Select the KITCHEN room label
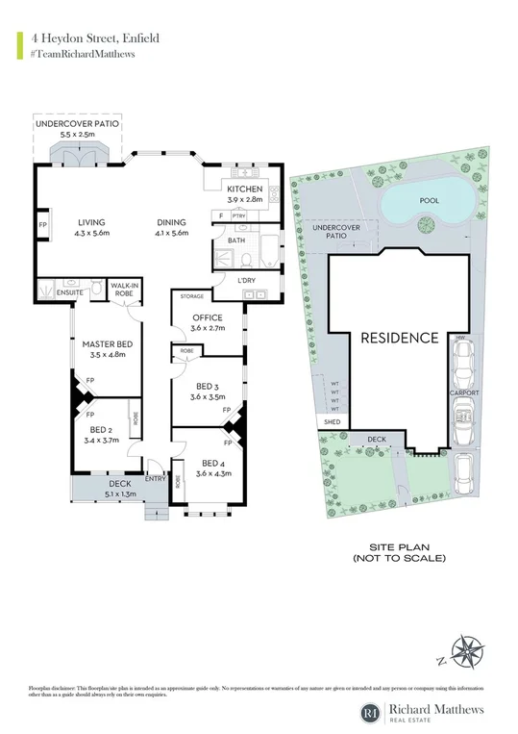244,190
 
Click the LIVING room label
91,222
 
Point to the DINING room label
173,222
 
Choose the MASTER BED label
108,344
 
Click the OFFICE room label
206,317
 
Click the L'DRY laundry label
246,280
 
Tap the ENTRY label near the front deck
155,478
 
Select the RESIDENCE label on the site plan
399,339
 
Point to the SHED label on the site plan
332,421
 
